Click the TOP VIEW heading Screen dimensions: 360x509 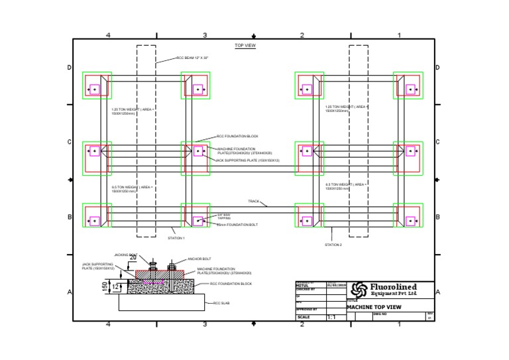tap(245, 46)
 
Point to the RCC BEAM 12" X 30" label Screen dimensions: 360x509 tap(192, 58)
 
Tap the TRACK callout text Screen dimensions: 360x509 tap(253, 201)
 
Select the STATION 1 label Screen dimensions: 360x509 tap(176, 237)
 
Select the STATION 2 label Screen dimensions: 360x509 tap(333, 245)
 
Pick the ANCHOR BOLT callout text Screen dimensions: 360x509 tap(199, 259)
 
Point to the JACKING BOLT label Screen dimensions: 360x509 tap(123, 255)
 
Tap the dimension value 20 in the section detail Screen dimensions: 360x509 tap(133, 257)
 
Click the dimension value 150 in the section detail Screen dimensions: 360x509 tap(104, 286)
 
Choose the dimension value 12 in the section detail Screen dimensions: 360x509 tap(117, 286)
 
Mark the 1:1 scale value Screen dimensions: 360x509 tap(333, 318)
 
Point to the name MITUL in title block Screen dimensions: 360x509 tap(302, 286)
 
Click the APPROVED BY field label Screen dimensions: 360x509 tap(306, 309)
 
